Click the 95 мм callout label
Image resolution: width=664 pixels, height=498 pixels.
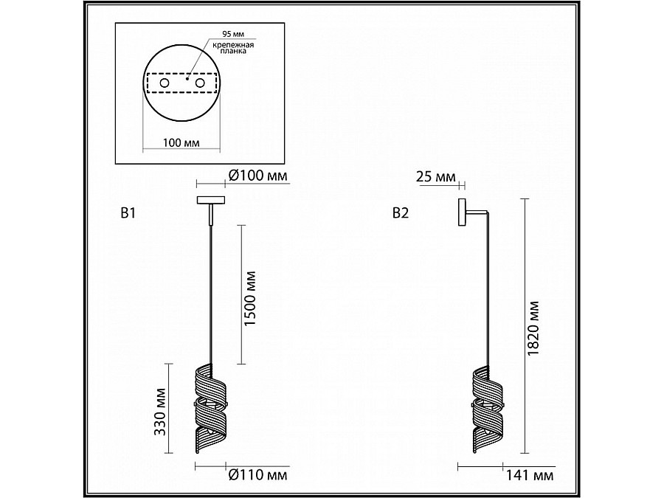tap(233, 34)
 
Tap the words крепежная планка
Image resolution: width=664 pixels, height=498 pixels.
tap(233, 48)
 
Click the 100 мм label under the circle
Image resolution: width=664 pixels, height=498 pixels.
tap(181, 142)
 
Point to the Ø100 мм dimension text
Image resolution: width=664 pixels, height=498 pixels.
tap(257, 175)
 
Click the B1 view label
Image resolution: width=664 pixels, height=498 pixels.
tap(128, 213)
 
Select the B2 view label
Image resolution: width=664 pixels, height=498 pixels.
tap(401, 213)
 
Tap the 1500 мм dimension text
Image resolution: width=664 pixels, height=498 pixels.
tap(251, 298)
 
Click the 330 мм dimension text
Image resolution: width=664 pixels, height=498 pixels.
tap(159, 412)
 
